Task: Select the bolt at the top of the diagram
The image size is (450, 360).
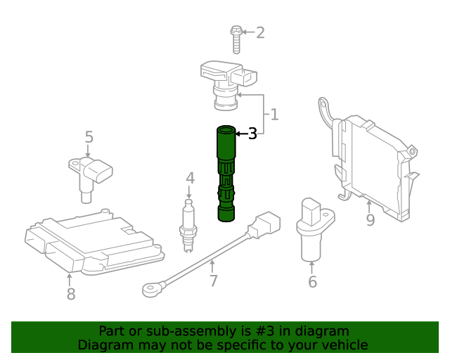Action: click(x=237, y=39)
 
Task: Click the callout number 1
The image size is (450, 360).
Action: click(x=274, y=114)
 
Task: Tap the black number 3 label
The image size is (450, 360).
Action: click(x=252, y=133)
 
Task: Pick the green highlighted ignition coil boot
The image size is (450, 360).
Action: click(x=227, y=173)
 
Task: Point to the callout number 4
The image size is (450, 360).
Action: click(x=190, y=179)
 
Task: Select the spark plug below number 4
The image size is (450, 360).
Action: click(x=188, y=224)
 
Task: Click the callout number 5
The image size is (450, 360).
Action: click(x=89, y=136)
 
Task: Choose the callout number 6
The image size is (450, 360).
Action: click(x=312, y=282)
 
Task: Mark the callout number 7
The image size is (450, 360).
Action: click(x=214, y=281)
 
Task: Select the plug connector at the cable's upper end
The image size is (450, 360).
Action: click(x=267, y=224)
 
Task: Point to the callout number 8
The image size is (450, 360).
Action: click(x=70, y=294)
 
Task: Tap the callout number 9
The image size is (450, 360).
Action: click(x=370, y=219)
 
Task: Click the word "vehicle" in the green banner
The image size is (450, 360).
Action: click(x=344, y=345)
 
